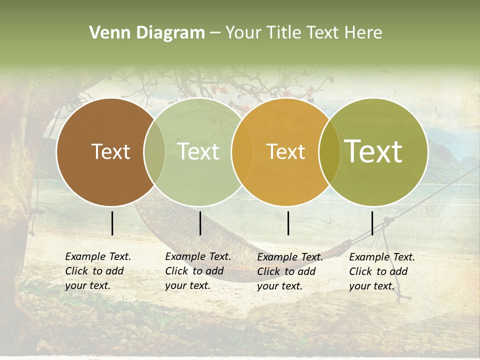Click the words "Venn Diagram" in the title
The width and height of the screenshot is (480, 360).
(147, 33)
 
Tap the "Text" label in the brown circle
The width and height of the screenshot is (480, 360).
(111, 151)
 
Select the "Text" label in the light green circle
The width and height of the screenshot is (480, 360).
(198, 151)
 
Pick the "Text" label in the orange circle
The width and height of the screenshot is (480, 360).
(286, 151)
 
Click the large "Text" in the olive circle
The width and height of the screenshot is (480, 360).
(373, 151)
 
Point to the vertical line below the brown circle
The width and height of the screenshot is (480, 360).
(112, 223)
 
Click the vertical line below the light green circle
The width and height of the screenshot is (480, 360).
(200, 223)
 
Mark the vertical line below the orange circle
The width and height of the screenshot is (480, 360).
(288, 223)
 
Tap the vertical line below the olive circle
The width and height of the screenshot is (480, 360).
(372, 223)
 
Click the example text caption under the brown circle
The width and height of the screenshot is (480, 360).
(97, 271)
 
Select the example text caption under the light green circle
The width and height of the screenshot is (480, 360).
(197, 271)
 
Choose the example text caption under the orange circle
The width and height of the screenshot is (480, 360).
(289, 271)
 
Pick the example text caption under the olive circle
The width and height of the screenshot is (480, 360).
(381, 271)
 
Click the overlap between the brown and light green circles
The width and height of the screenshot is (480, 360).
(154, 151)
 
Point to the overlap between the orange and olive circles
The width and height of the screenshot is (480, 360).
(328, 151)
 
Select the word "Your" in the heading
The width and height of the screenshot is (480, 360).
(242, 33)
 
